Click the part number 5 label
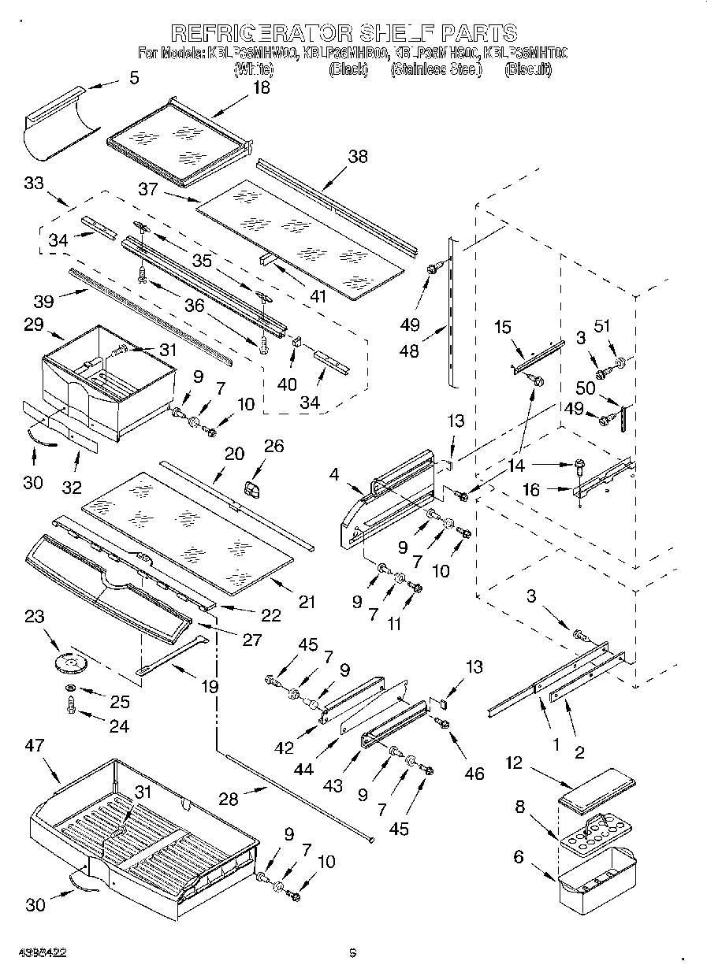point(133,77)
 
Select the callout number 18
point(261,87)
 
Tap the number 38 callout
point(357,157)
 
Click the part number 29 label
point(33,324)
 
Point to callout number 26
point(273,447)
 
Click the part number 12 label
point(514,763)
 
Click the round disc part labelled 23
point(73,663)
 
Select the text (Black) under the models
point(348,69)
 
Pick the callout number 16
point(531,490)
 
